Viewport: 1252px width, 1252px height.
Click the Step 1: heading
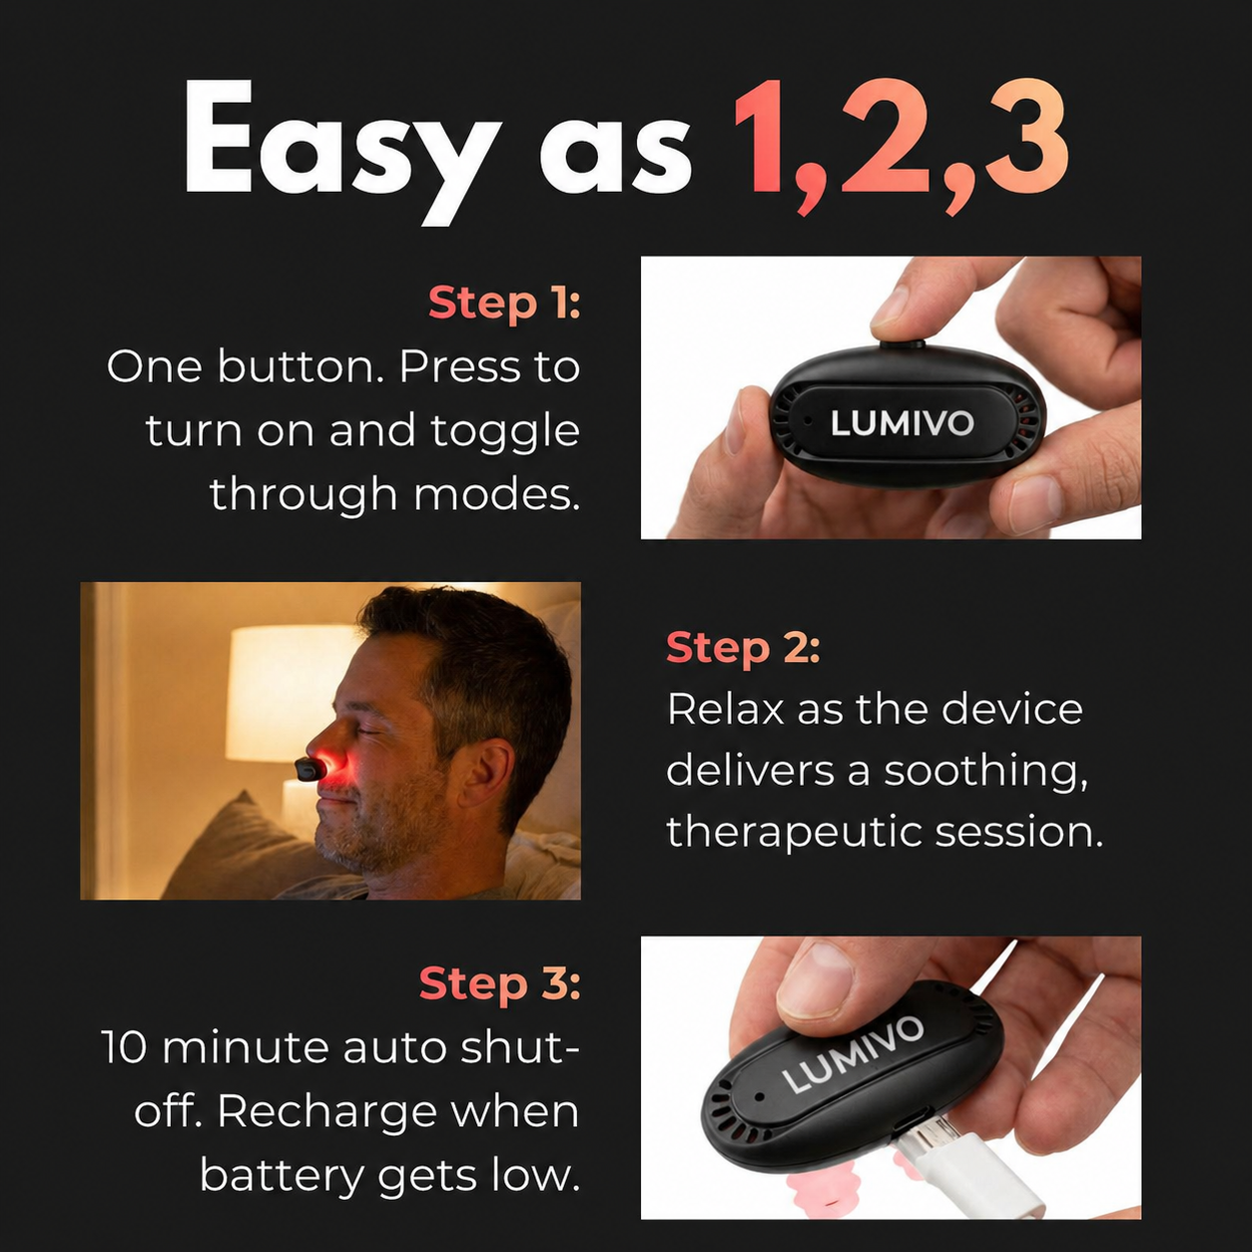click(504, 304)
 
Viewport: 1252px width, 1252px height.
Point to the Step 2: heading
click(743, 648)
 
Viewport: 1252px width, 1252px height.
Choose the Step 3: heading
click(499, 983)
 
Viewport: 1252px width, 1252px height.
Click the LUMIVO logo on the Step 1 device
click(902, 423)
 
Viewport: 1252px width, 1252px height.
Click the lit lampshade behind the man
click(292, 693)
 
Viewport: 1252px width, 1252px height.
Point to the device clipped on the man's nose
click(310, 770)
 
